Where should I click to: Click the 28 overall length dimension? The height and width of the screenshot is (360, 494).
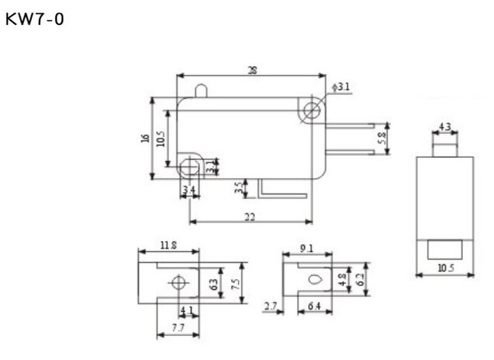(x=251, y=69)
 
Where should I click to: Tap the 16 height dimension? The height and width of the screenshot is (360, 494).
(x=145, y=138)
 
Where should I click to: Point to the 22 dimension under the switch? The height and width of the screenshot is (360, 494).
(x=250, y=217)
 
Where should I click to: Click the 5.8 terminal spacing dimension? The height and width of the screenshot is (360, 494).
(x=381, y=139)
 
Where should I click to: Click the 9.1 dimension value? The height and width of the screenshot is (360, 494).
(x=307, y=250)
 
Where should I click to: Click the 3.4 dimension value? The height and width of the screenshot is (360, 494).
(x=187, y=189)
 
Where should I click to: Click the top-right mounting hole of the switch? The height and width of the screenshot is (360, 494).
(x=314, y=109)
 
